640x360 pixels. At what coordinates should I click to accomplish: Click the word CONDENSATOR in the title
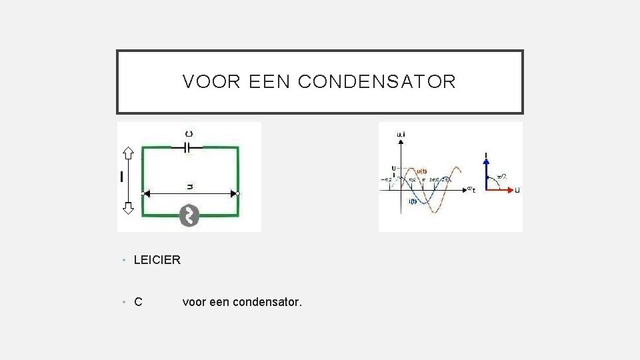[377, 82]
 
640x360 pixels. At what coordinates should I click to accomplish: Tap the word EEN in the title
[270, 82]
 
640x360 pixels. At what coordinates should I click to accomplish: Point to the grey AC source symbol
[189, 215]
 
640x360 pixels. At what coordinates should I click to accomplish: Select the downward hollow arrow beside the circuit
[128, 207]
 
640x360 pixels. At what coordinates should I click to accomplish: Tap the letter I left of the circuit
[121, 177]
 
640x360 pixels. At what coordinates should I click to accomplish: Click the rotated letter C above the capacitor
[189, 134]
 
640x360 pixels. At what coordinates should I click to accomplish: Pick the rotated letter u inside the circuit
[189, 187]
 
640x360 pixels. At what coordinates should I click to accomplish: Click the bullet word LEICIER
[157, 260]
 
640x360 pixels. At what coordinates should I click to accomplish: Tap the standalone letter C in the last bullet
[138, 303]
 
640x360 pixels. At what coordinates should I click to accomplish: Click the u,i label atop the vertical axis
[401, 135]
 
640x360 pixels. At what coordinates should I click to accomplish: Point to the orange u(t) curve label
[421, 171]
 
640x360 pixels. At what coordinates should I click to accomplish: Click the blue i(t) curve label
[413, 201]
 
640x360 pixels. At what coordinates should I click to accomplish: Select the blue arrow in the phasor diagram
[487, 172]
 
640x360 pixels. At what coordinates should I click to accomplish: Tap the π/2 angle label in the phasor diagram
[501, 177]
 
